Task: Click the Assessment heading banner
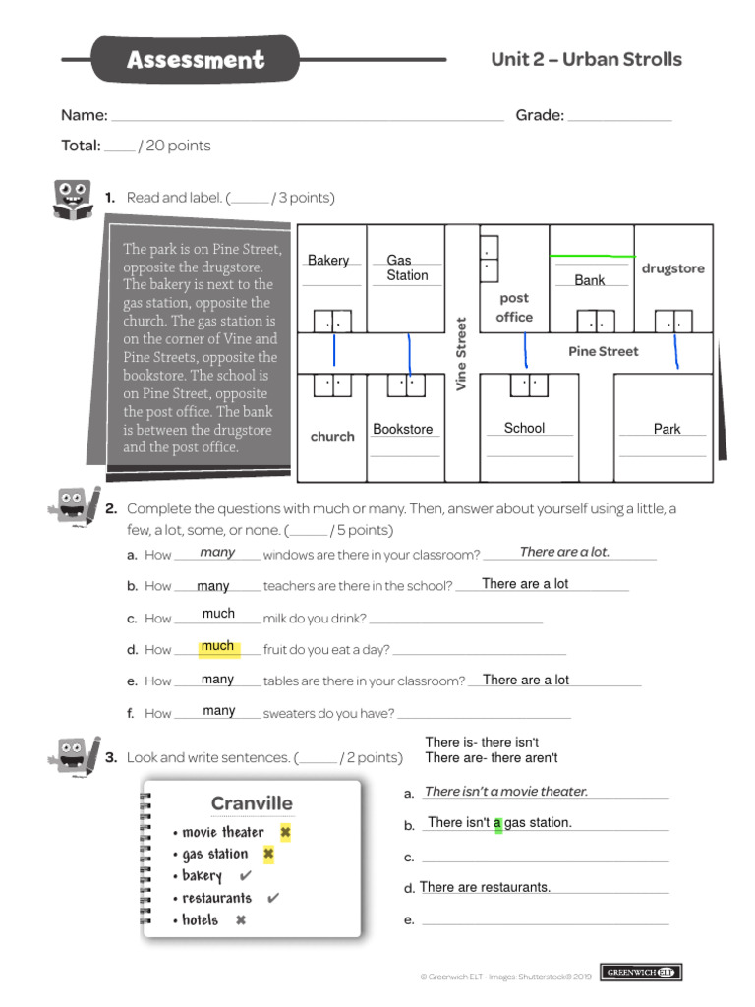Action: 196,60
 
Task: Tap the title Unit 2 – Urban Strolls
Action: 586,59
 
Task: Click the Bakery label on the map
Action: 328,260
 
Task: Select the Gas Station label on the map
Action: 406,267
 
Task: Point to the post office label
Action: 514,307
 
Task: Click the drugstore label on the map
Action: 672,268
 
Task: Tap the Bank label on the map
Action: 590,280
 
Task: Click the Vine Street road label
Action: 461,353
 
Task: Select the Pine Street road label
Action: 603,351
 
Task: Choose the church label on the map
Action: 332,436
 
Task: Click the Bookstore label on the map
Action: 403,429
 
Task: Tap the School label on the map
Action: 524,428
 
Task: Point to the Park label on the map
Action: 667,429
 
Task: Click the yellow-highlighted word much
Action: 217,646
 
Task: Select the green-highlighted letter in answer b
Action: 497,823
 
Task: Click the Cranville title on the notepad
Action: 252,803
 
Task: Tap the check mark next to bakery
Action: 245,875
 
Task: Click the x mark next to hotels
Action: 240,920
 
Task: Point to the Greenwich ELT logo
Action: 641,973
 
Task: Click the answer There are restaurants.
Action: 485,887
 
